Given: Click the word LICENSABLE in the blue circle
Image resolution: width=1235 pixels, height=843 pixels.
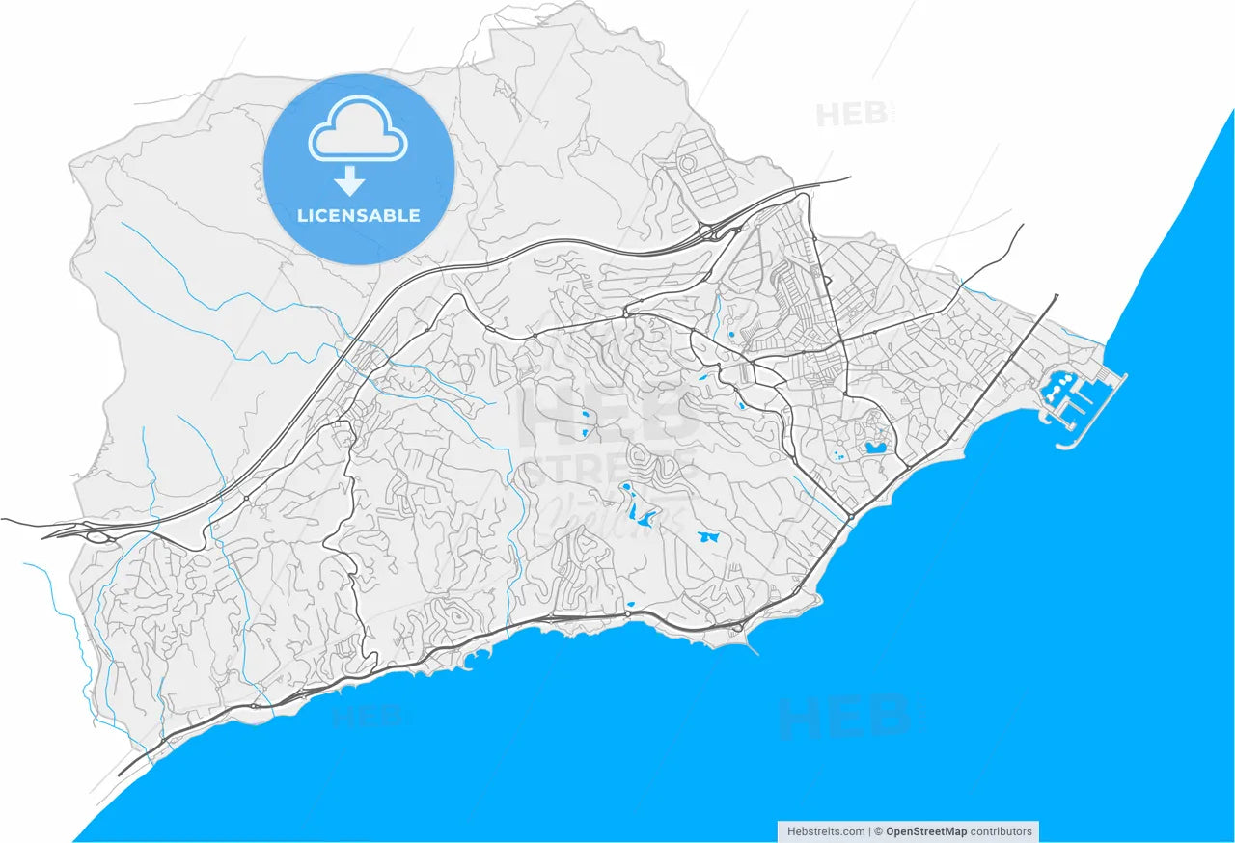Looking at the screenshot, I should (x=359, y=215).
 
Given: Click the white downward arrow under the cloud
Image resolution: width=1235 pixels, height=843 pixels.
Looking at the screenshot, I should (x=350, y=180).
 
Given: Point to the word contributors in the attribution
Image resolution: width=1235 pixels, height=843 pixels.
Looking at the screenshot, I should (x=1002, y=831).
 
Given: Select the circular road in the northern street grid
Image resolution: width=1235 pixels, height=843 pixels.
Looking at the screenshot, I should (x=687, y=164).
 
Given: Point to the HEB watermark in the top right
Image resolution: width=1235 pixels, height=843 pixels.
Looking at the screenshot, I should (x=851, y=115).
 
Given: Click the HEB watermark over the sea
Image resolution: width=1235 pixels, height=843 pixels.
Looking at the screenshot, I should (x=843, y=717).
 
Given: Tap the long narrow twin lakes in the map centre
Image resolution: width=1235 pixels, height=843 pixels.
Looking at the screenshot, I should (x=636, y=505).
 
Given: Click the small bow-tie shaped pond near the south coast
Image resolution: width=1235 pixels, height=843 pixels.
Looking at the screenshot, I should (x=708, y=535).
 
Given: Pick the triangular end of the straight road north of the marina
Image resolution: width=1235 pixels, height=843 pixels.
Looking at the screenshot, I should (x=1057, y=297).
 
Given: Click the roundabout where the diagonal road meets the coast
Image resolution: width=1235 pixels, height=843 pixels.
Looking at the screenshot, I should (x=850, y=517).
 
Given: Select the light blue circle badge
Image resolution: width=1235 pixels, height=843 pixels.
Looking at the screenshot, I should (x=359, y=169).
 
